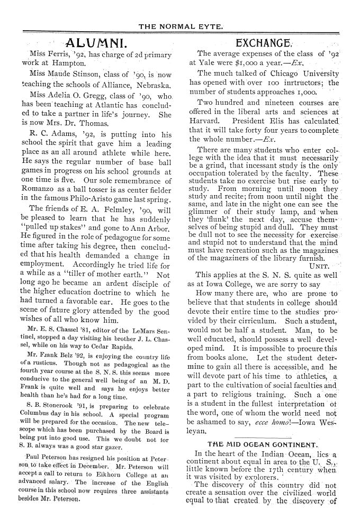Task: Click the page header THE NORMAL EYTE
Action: point(180,25)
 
